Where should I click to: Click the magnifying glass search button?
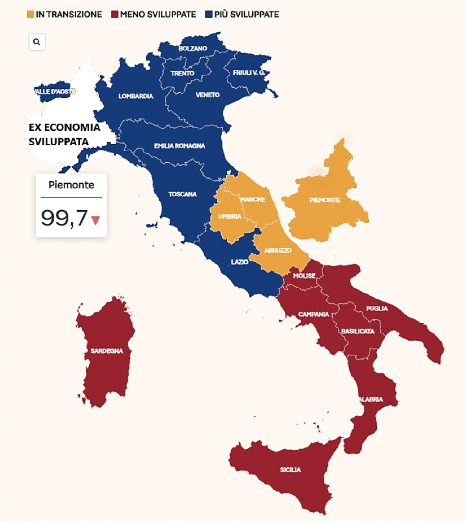37,42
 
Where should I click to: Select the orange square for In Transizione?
30,14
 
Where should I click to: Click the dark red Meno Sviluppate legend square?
115,14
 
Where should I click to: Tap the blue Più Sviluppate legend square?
209,14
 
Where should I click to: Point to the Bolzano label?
193,48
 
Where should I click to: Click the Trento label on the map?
182,73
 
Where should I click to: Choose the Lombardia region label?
136,96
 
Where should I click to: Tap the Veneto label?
207,95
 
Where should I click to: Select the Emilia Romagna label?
179,146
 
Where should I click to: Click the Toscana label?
182,194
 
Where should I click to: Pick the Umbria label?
230,216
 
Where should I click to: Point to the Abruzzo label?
278,250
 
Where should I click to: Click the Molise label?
304,276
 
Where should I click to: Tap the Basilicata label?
357,331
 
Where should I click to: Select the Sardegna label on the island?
107,351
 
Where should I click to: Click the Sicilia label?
290,469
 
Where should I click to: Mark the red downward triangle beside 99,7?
96,220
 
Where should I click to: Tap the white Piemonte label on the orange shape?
325,200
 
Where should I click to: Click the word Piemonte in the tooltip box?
71,185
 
